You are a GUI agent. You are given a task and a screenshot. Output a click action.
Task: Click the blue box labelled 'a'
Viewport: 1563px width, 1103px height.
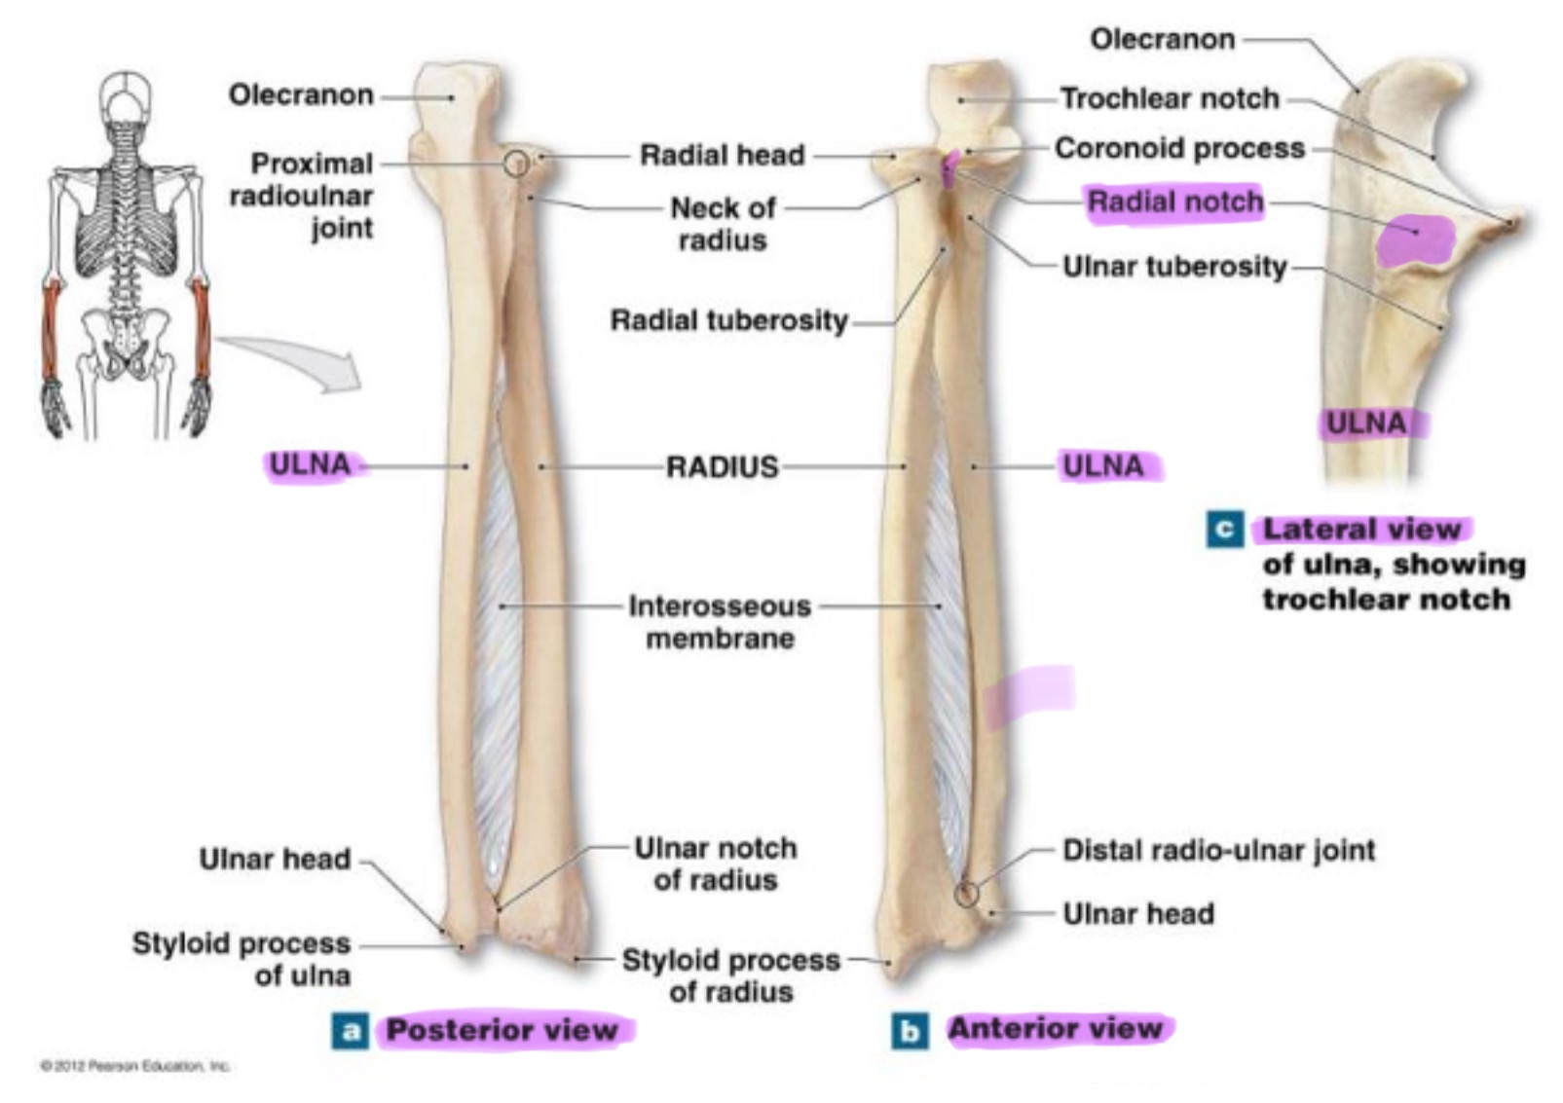[x=351, y=1031]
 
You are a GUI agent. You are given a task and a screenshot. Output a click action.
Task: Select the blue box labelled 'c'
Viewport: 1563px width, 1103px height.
[x=1224, y=530]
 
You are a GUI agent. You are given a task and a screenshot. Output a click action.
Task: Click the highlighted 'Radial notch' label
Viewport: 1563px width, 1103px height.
[x=1174, y=202]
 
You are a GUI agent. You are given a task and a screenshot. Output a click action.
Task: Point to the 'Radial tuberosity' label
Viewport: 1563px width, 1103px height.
[x=728, y=320]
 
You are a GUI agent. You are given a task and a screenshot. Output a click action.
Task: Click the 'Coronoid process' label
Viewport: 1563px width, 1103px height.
[x=1179, y=148]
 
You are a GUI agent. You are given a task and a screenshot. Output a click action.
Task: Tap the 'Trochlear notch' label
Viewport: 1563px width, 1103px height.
[x=1169, y=98]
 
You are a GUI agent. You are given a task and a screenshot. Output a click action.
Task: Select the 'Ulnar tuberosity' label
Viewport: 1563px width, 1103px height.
[x=1174, y=266]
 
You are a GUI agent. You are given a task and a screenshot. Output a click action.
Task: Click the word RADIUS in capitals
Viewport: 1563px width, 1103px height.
[x=722, y=467]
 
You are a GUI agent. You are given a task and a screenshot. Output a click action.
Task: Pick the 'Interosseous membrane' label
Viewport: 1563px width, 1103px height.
[x=720, y=622]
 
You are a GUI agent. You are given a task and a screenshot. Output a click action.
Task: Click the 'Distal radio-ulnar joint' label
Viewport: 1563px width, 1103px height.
[x=1218, y=850]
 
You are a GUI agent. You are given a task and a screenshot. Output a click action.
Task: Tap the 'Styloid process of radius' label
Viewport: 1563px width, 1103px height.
[x=730, y=975]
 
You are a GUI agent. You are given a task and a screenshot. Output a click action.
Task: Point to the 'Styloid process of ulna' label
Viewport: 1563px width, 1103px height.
[x=242, y=959]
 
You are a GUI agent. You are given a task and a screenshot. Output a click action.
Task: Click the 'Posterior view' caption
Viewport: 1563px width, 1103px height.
[x=502, y=1030]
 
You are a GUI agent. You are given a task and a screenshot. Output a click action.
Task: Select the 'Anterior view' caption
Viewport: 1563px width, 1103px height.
[x=1056, y=1028]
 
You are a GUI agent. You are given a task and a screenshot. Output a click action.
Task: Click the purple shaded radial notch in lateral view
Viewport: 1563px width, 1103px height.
[x=1415, y=239]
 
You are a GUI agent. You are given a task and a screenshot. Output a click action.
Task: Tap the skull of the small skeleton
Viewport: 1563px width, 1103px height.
[x=126, y=95]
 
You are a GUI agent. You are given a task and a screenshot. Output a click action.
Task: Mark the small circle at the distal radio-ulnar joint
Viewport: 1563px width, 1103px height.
[x=965, y=894]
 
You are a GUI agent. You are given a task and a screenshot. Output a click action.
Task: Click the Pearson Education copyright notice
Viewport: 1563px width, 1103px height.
[x=134, y=1066]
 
